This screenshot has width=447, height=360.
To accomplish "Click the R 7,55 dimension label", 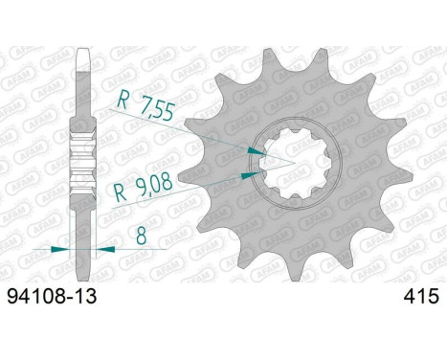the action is pos(145,105).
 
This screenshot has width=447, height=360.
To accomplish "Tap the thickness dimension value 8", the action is pos(141,236).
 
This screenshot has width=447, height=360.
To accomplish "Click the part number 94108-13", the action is pos(52,297).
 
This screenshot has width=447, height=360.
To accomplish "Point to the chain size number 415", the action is pos(421,297).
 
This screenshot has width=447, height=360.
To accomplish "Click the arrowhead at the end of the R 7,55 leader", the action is pos(257,150).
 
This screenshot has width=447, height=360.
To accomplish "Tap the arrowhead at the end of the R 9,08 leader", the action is pos(251,175).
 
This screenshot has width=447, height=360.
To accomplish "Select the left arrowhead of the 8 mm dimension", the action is pos(60,249).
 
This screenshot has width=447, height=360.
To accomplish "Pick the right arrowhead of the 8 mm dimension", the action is pos(105,249).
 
